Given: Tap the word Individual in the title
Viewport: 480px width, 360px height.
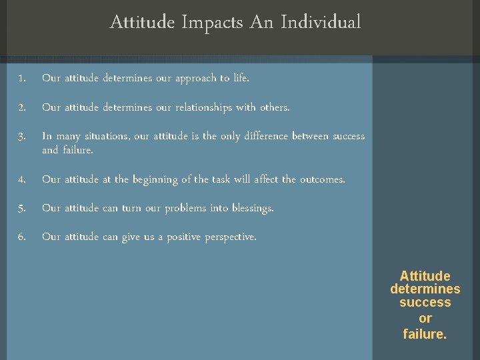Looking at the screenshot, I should tap(321, 23).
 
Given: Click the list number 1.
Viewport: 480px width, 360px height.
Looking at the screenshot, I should tap(22, 79).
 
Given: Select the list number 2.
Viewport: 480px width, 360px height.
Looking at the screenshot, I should tap(22, 107).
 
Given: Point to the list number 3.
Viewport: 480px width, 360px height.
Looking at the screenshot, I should tap(22, 137).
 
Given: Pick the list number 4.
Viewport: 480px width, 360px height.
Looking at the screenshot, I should tap(22, 180).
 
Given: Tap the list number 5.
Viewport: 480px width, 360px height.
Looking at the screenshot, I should tap(22, 209).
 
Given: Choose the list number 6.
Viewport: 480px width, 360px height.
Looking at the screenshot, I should tap(22, 237).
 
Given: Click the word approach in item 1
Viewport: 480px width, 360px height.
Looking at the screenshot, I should tap(196, 79).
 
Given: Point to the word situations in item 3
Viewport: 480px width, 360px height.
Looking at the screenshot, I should tap(106, 136).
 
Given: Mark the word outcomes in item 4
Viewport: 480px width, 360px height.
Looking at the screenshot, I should tap(322, 179).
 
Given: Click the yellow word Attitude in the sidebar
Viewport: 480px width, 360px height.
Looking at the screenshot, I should tap(425, 276).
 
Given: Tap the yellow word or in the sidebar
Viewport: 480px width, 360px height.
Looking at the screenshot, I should tap(425, 319).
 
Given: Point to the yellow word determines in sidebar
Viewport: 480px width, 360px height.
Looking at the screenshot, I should tap(425, 289).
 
